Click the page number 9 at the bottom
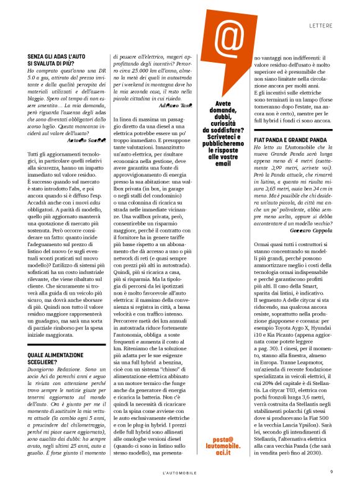[331, 471]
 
